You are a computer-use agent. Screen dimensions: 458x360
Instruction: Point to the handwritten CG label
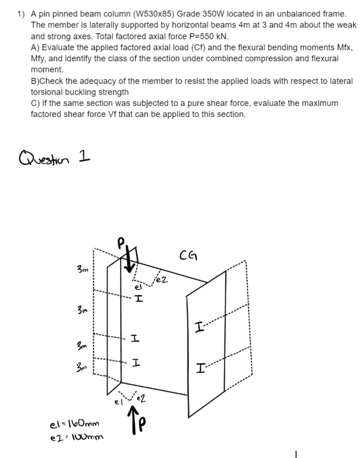[188, 257]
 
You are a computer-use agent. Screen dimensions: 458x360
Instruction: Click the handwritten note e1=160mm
[74, 424]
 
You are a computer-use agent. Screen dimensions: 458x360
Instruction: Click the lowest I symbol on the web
[135, 364]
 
